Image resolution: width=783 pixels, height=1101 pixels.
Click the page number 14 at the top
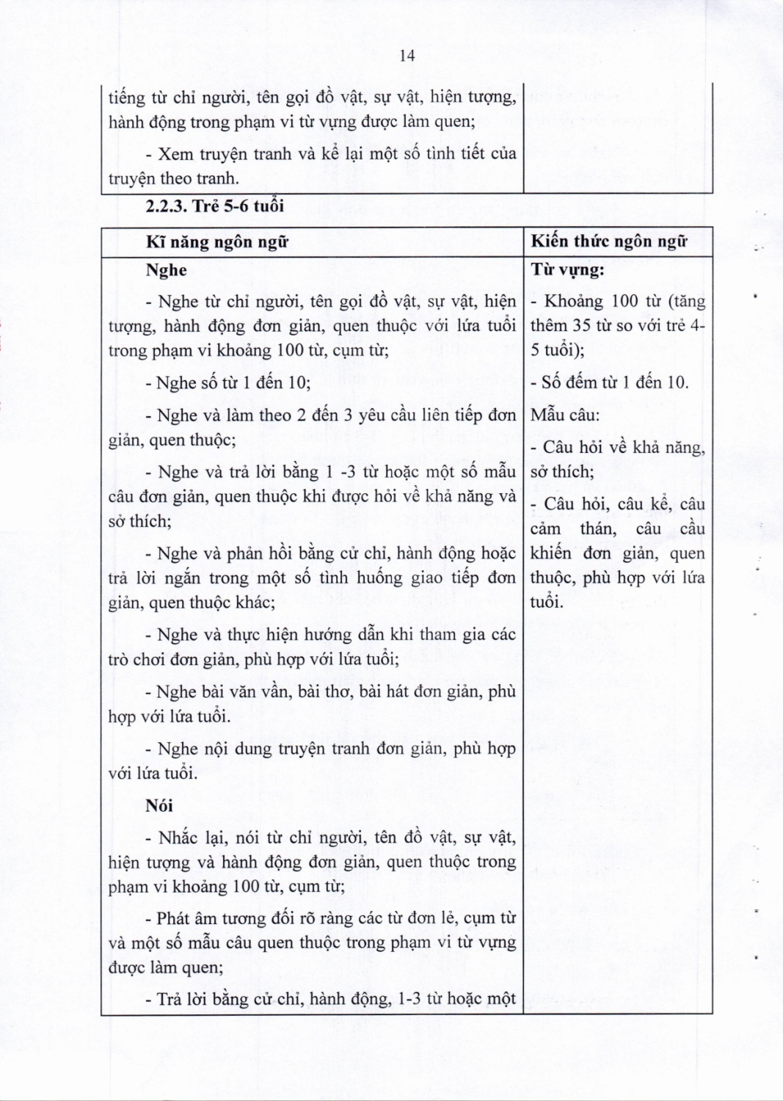(408, 56)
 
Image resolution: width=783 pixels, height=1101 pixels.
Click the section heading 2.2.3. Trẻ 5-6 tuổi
(214, 206)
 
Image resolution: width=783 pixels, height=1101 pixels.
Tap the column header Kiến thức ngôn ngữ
(609, 241)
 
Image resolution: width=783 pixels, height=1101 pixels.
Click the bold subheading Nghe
(166, 270)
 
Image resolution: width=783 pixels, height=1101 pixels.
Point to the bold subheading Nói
(159, 806)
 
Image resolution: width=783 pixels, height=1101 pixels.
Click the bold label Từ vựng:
(567, 270)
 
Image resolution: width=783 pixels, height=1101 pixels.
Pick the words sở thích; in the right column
(562, 472)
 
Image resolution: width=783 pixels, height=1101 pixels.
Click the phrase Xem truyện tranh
(219, 154)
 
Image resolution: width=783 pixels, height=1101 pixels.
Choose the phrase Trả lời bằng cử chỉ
(230, 999)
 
